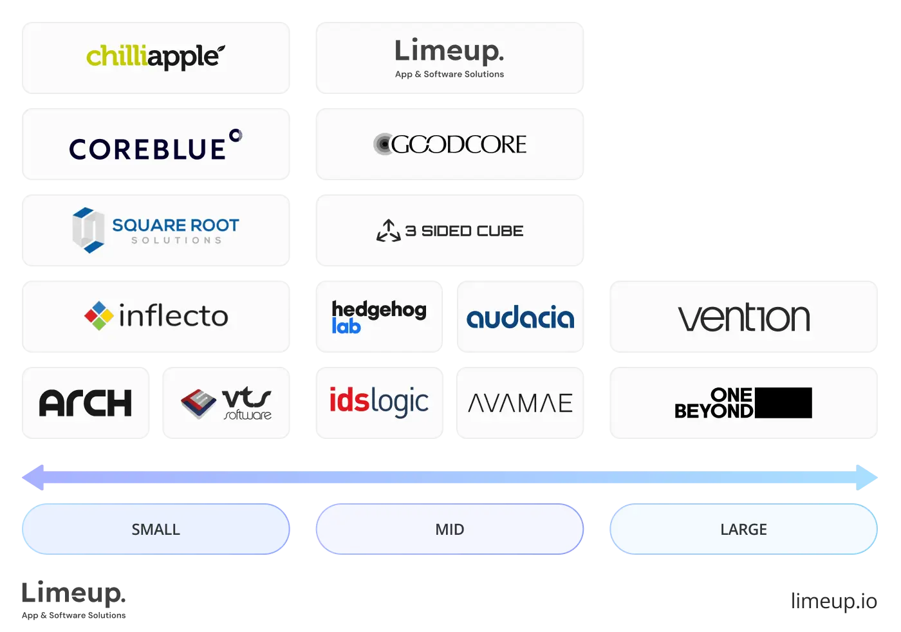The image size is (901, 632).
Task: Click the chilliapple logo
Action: pyautogui.click(x=156, y=57)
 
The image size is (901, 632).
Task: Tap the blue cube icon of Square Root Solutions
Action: pyautogui.click(x=88, y=230)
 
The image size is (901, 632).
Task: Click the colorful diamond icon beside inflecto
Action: pyautogui.click(x=98, y=315)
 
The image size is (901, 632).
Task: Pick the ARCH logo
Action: pyautogui.click(x=86, y=403)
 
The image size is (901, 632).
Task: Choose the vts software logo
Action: pyautogui.click(x=227, y=404)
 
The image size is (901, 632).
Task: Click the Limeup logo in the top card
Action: pyautogui.click(x=449, y=51)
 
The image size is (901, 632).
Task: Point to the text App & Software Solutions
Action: pyautogui.click(x=449, y=74)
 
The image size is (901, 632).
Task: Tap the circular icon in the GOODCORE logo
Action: pyautogui.click(x=383, y=144)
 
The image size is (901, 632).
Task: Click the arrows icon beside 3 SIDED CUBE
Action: pyautogui.click(x=388, y=230)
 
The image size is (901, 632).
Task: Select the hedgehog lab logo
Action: pyautogui.click(x=378, y=317)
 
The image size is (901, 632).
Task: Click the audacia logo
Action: pyautogui.click(x=520, y=317)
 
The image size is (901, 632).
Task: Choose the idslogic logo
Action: pyautogui.click(x=378, y=402)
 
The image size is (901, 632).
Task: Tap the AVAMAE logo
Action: pyautogui.click(x=520, y=404)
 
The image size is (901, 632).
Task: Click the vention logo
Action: pyautogui.click(x=744, y=317)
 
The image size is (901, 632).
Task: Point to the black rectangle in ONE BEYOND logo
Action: pyautogui.click(x=783, y=403)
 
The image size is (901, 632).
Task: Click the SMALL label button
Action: pyautogui.click(x=156, y=529)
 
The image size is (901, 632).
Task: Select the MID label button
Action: pyautogui.click(x=449, y=529)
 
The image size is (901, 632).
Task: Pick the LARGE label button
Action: pyautogui.click(x=743, y=529)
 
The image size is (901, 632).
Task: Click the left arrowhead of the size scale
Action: pyautogui.click(x=32, y=478)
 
